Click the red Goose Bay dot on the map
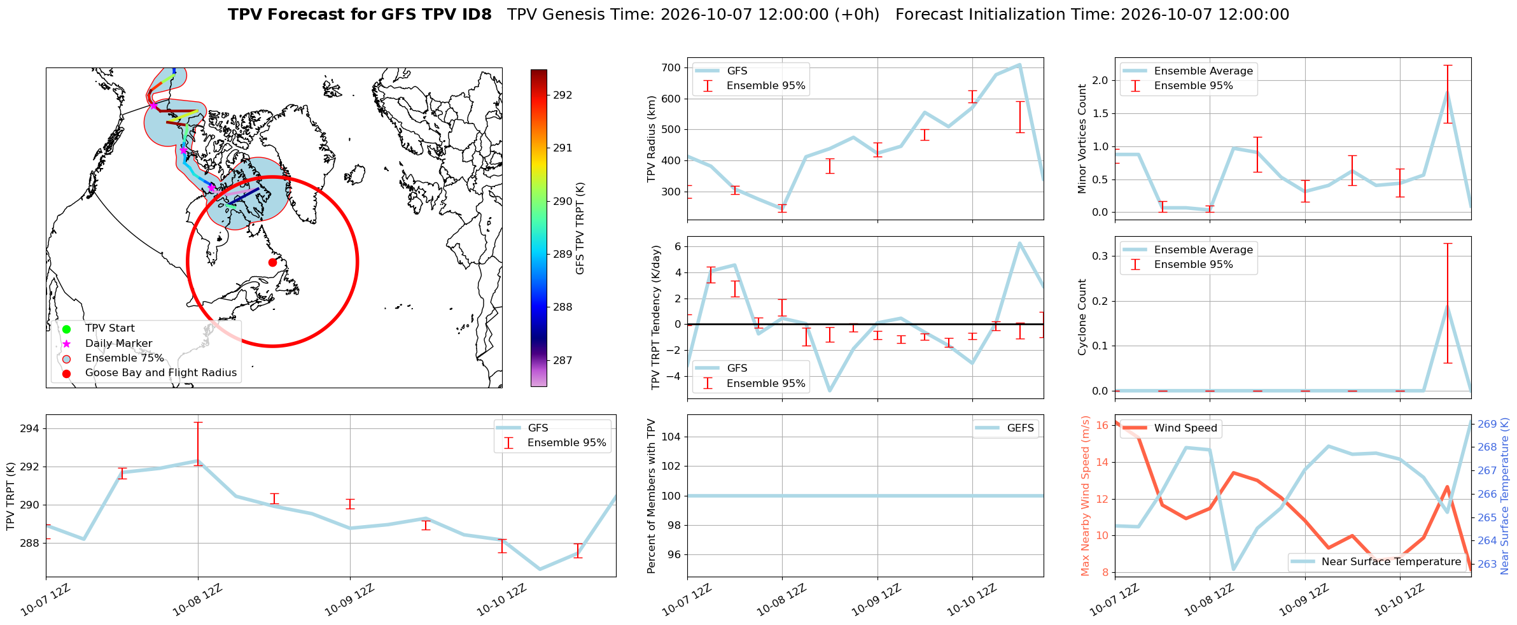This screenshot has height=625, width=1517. click(272, 262)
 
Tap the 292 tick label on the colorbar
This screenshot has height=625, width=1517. click(563, 95)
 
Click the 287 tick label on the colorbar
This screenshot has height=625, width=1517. click(563, 361)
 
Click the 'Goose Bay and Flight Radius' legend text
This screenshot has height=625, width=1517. click(161, 373)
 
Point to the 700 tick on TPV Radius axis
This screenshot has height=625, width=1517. click(671, 68)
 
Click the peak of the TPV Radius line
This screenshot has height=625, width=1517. click(1019, 64)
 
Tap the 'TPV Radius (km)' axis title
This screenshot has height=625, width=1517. click(651, 139)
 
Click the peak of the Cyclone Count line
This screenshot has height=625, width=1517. click(1448, 307)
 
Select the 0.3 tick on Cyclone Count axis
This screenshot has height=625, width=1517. click(1101, 256)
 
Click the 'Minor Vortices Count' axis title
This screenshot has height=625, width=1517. click(1082, 139)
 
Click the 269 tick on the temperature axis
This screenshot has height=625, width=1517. click(1487, 424)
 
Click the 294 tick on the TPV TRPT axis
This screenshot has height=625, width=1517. click(30, 429)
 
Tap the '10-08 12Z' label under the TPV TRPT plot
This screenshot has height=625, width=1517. click(198, 600)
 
